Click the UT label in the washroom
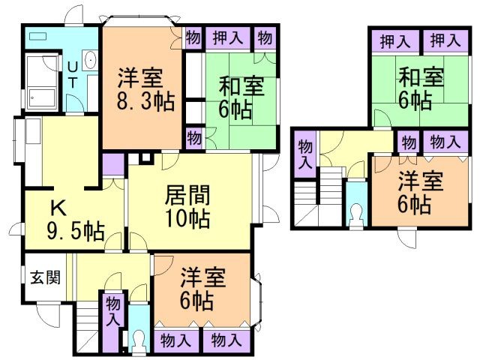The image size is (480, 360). [72, 76]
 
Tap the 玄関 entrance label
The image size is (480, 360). [41, 277]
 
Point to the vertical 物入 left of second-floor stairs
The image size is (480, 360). [304, 154]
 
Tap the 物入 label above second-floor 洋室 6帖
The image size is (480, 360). [445, 141]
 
